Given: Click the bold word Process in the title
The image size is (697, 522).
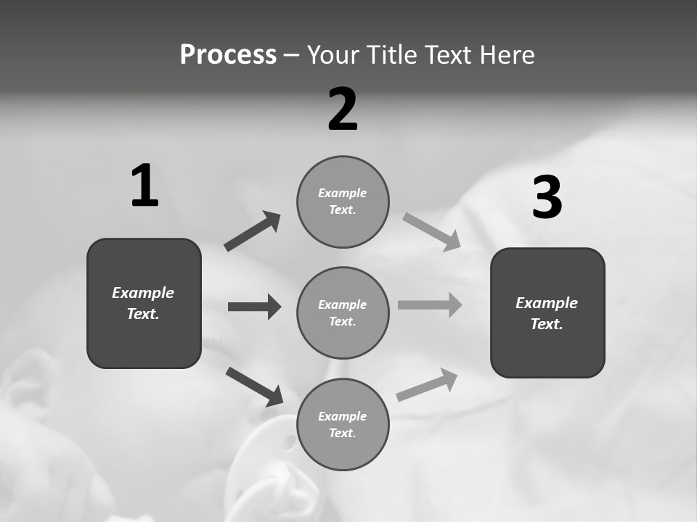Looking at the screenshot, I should point(228,55).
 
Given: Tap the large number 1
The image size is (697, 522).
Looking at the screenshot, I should point(144,186).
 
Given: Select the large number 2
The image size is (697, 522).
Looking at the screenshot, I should point(343,109).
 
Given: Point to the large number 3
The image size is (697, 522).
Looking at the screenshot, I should point(547,197).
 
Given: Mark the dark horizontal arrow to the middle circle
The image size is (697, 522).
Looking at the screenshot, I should point(254,307).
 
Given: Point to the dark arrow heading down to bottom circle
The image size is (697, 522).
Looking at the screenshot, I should point(254,386).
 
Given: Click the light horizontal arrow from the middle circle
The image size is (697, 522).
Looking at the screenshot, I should point(430,305).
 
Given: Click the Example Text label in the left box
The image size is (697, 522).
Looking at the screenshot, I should point(143,303).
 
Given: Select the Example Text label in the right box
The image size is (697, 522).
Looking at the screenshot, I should point(547,313).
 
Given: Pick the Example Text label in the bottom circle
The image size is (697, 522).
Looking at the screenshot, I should point(343,425).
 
